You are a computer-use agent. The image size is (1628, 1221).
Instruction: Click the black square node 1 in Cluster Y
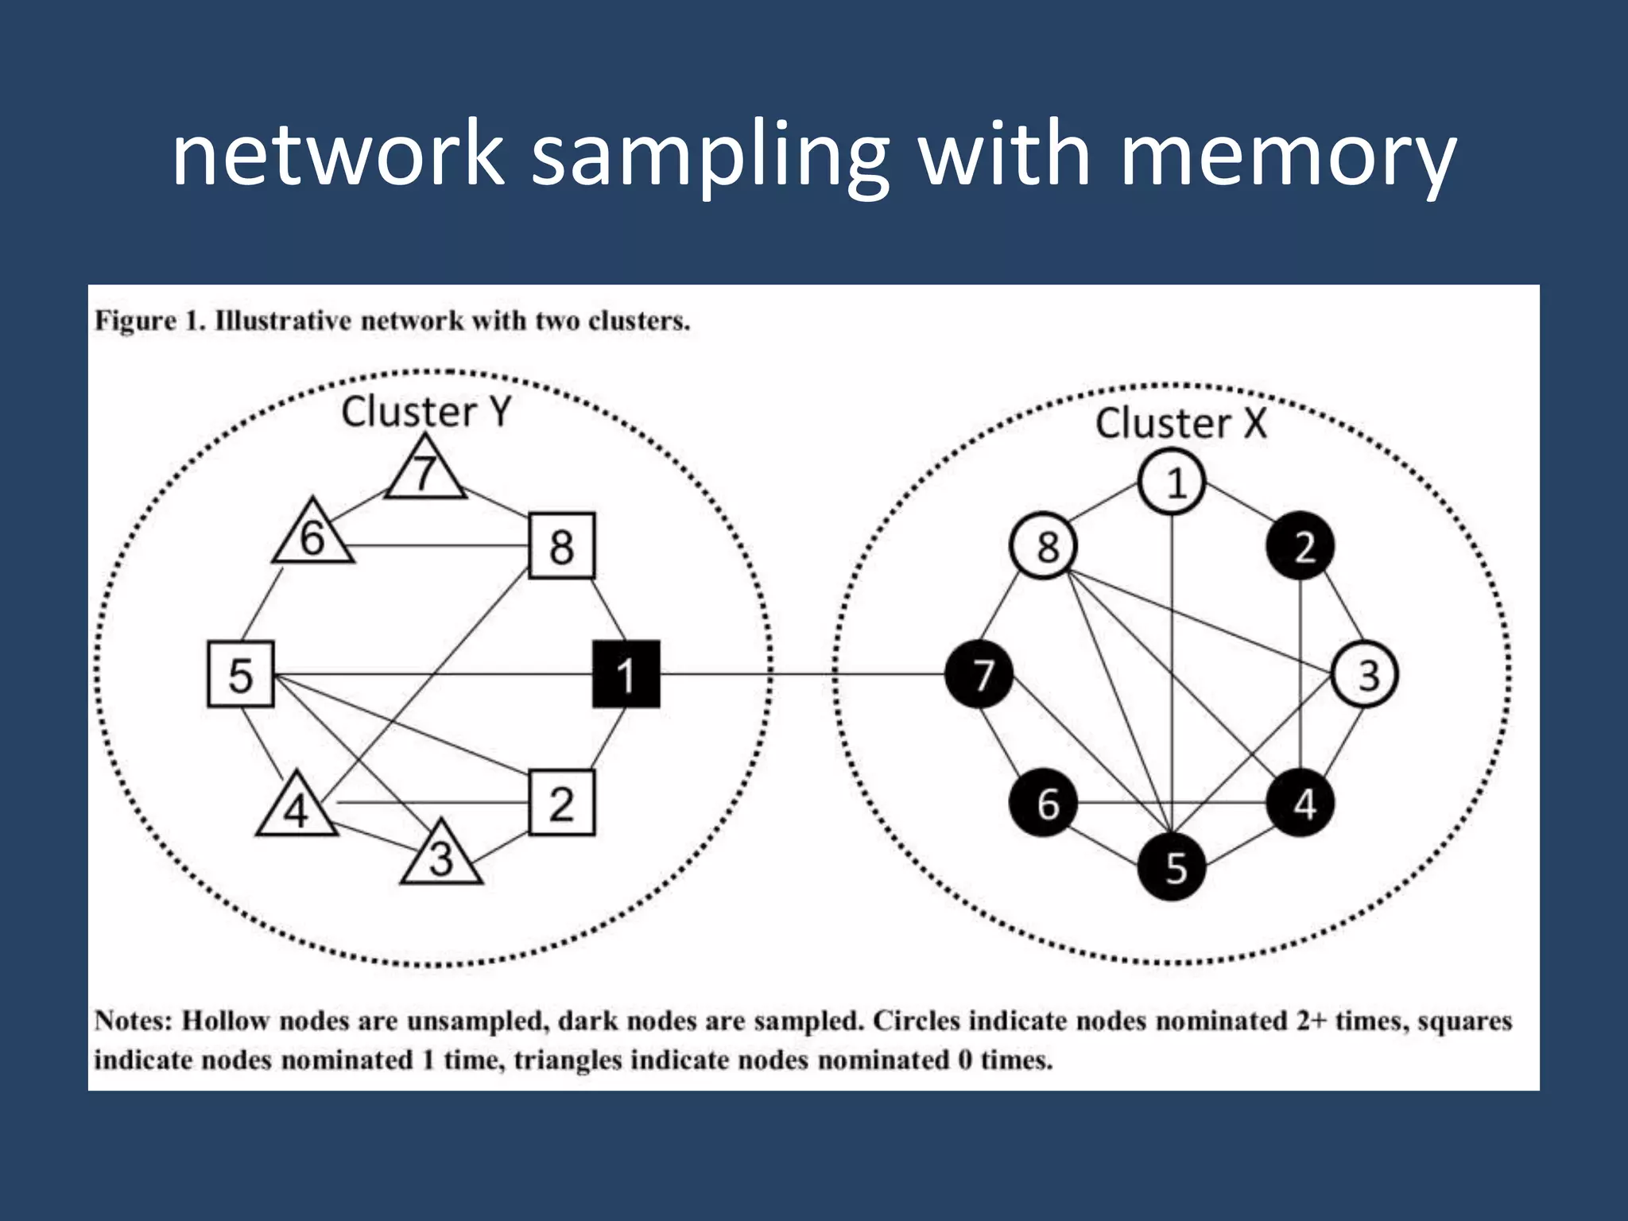tap(626, 674)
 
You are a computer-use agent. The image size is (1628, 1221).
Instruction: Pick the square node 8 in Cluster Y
tap(561, 545)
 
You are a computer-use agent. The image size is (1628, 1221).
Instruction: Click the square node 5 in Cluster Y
tap(240, 674)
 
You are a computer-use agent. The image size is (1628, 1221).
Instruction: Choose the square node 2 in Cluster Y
tap(561, 803)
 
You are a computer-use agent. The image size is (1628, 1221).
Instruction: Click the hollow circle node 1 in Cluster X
tap(1173, 482)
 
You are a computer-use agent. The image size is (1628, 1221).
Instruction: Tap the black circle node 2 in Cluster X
tap(1300, 546)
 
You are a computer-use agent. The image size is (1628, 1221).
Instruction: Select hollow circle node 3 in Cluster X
tap(1365, 675)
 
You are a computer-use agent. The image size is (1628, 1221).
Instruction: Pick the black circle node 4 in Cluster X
tap(1300, 803)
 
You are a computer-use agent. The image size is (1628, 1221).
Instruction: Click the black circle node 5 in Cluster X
tap(1173, 866)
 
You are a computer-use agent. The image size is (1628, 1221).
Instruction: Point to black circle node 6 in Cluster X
tap(1044, 803)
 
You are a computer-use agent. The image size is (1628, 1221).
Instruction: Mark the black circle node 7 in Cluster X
tap(979, 675)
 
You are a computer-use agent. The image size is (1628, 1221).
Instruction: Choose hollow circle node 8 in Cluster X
tap(1044, 546)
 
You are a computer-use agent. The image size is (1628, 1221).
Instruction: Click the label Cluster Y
tap(425, 412)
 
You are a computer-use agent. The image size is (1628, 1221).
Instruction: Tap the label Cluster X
tap(1180, 423)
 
